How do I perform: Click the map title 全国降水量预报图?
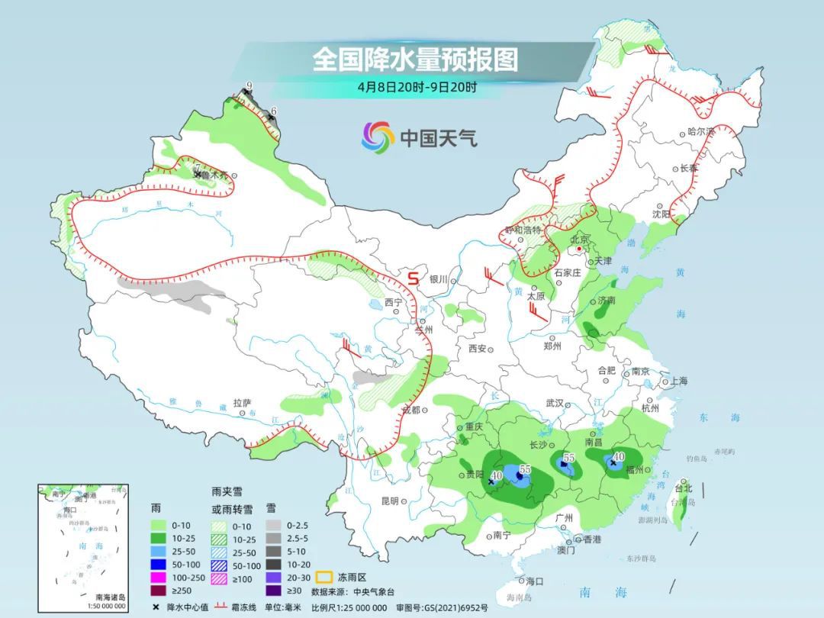click(x=415, y=59)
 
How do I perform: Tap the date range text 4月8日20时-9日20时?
click(x=417, y=86)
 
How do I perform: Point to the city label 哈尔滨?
click(x=700, y=131)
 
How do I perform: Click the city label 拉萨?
click(x=242, y=402)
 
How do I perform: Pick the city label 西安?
click(x=478, y=349)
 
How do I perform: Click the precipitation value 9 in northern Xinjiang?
click(x=249, y=85)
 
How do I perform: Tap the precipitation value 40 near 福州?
click(x=619, y=456)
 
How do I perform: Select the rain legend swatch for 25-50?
click(x=158, y=550)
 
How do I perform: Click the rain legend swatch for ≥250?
click(x=158, y=590)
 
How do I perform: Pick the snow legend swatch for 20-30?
click(x=273, y=578)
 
